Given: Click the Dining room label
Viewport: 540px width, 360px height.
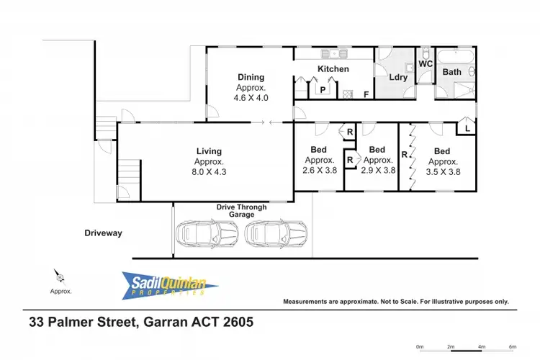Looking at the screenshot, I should coord(251,77).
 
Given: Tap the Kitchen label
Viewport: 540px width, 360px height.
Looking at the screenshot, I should coord(333,69).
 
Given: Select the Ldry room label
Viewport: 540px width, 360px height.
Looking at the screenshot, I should coord(398,78).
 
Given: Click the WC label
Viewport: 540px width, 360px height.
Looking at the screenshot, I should coord(425,63).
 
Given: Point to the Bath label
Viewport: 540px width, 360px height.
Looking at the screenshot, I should coord(451,72).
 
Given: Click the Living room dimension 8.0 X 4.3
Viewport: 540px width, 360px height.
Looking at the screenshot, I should coord(209,172).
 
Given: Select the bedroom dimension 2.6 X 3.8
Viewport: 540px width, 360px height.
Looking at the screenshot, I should coord(320,171).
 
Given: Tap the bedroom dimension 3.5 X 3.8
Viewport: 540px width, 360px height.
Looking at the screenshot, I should coord(442,171).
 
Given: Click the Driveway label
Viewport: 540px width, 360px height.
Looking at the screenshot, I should coord(104,233).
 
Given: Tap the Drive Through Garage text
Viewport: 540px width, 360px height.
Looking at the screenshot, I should coord(242,211).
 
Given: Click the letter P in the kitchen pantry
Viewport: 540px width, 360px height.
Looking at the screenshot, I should coord(323,90).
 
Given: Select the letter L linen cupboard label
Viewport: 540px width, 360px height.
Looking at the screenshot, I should coord(467,128).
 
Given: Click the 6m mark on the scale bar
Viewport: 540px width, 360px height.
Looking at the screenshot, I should coord(512,346).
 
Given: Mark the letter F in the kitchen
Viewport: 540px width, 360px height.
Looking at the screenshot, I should coord(366,94).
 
